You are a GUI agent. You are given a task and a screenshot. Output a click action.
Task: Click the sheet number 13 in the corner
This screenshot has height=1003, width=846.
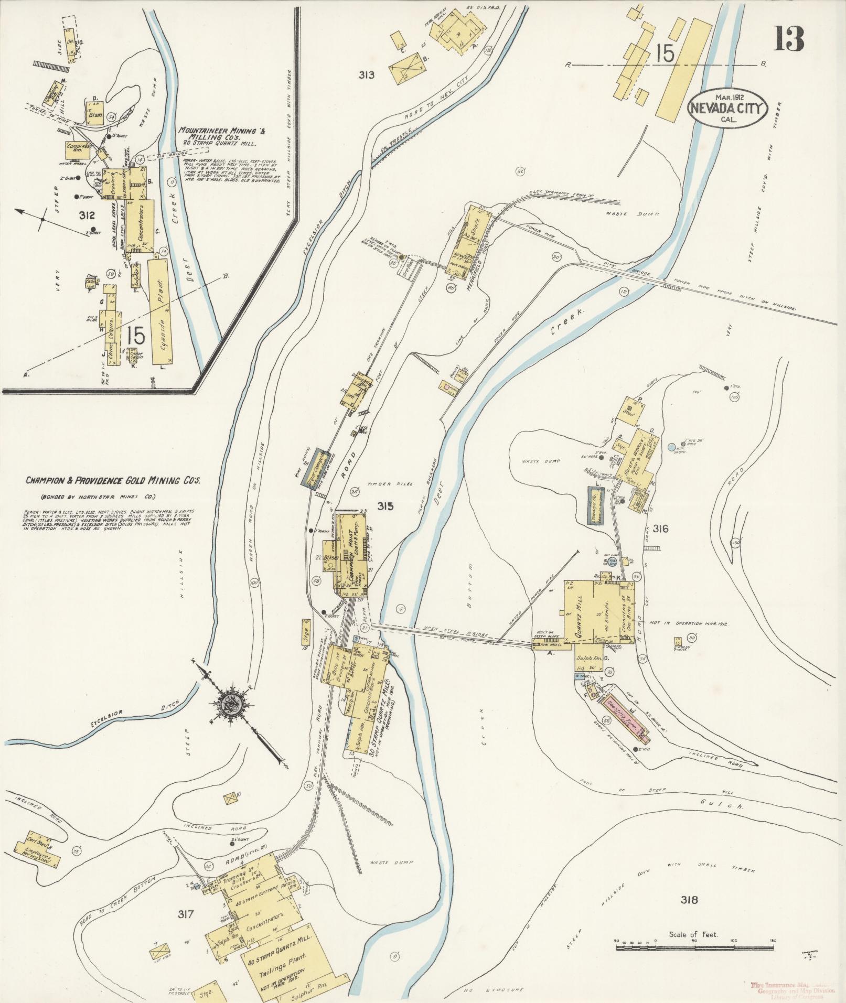pyautogui.click(x=788, y=39)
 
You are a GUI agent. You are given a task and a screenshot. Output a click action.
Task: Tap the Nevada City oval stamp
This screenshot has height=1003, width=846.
pyautogui.click(x=727, y=109)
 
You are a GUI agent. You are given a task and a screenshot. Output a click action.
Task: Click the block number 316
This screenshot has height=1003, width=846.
pyautogui.click(x=660, y=529)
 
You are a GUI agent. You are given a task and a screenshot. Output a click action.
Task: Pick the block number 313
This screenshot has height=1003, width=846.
pyautogui.click(x=367, y=75)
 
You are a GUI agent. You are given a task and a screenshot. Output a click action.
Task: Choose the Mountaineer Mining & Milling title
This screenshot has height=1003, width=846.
pyautogui.click(x=221, y=133)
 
